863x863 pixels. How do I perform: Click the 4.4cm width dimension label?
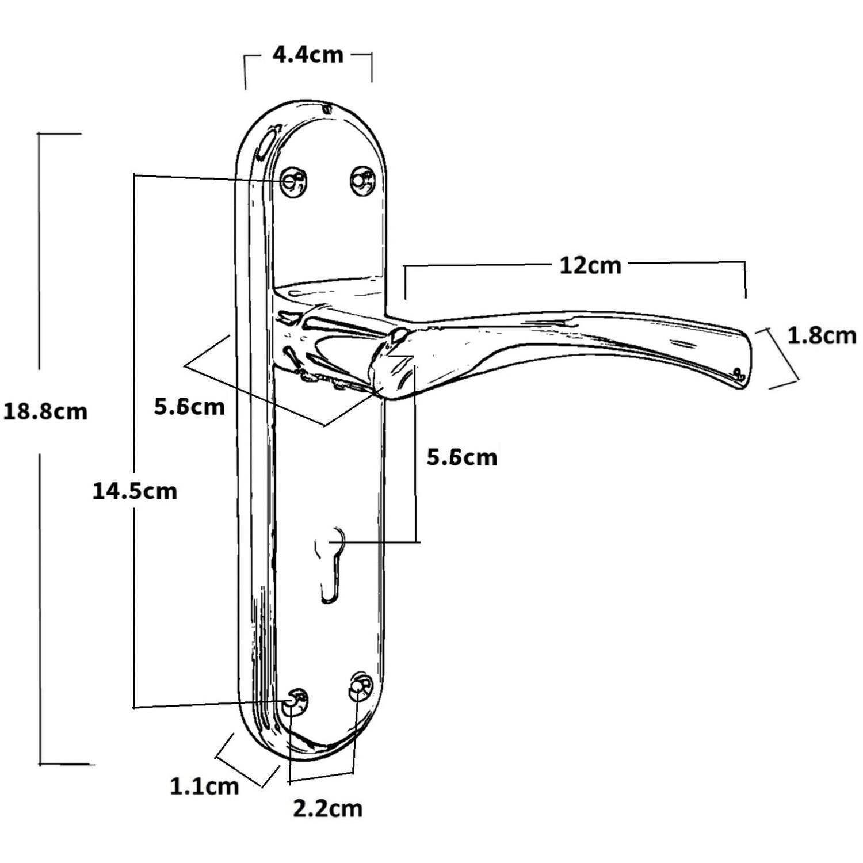coord(308,55)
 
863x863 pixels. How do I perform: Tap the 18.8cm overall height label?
coord(45,412)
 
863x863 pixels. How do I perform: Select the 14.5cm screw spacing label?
coord(135,491)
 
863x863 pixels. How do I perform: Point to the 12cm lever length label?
coord(591,266)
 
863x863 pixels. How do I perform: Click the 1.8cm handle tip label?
coord(822,336)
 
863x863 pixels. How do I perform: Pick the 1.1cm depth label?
coord(204,786)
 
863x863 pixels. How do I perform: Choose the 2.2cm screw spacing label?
coord(328,809)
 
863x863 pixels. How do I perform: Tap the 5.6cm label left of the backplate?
coord(189,407)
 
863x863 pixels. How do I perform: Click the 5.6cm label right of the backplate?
coord(462,457)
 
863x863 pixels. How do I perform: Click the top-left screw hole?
coord(293,181)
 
